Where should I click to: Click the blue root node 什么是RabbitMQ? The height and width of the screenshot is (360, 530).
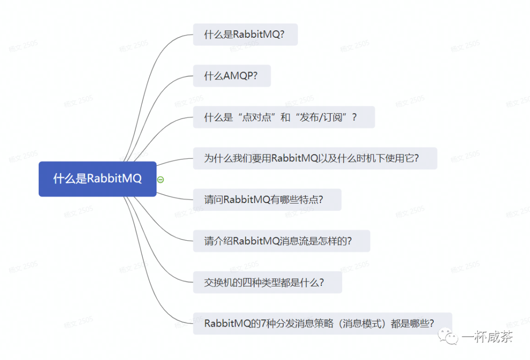point(97,179)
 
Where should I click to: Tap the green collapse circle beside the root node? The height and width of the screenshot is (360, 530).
point(160,180)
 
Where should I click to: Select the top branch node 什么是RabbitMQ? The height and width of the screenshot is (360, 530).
point(245,35)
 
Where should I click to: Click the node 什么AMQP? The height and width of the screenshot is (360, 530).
point(231,76)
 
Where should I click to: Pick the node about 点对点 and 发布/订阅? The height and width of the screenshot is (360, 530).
point(283,117)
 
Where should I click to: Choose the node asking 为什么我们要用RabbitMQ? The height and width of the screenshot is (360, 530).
point(315,158)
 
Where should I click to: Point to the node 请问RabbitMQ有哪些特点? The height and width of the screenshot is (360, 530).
point(266,200)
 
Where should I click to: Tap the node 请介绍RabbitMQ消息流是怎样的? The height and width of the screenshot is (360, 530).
point(281,241)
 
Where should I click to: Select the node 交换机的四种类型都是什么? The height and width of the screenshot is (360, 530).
point(267,283)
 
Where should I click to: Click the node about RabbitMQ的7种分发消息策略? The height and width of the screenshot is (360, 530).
point(322,324)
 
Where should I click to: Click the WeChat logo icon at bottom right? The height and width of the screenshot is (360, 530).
point(448,336)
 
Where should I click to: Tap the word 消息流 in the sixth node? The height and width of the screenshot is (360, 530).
point(293,241)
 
